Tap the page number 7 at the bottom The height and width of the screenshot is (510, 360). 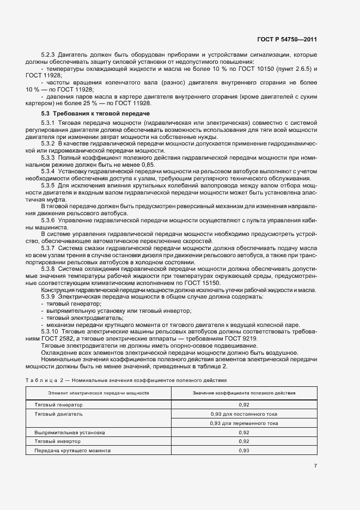(x=315, y=465)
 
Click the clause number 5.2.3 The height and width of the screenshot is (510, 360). (x=50, y=55)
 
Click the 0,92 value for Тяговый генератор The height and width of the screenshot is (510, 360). (x=244, y=405)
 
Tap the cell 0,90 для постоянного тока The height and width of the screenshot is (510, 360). (x=244, y=414)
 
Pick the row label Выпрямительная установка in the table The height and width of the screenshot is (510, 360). (x=70, y=432)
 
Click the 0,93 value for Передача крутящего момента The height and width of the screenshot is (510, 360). (x=244, y=451)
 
